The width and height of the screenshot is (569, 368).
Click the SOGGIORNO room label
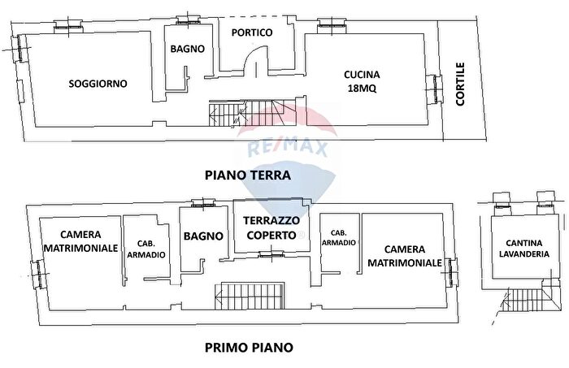pyautogui.click(x=98, y=83)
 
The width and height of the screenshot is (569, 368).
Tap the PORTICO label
pyautogui.click(x=251, y=32)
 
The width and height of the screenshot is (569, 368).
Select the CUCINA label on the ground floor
pyautogui.click(x=363, y=75)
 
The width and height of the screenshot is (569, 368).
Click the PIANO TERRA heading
pyautogui.click(x=248, y=174)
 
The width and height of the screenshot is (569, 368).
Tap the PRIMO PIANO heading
pyautogui.click(x=249, y=347)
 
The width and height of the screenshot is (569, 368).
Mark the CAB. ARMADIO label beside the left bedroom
pyautogui.click(x=146, y=249)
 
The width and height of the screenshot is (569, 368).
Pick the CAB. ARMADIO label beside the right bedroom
pyautogui.click(x=338, y=236)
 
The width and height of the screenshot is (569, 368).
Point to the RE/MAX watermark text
pyautogui.click(x=280, y=148)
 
